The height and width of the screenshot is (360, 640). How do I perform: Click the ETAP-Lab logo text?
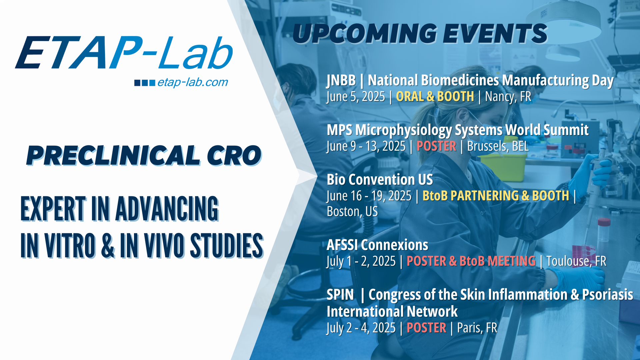pyautogui.click(x=124, y=53)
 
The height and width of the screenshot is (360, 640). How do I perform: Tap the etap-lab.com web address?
pyautogui.click(x=193, y=82)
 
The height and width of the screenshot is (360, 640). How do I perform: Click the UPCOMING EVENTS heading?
pyautogui.click(x=420, y=34)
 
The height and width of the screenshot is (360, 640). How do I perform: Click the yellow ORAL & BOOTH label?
pyautogui.click(x=435, y=96)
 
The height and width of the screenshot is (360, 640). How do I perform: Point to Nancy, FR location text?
pyautogui.click(x=508, y=97)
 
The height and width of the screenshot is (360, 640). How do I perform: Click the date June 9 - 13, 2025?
pyautogui.click(x=366, y=146)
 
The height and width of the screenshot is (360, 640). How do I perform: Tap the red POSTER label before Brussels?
pyautogui.click(x=436, y=146)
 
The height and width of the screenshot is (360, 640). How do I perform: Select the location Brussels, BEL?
pyautogui.click(x=498, y=146)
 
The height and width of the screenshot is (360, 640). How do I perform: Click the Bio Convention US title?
pyautogui.click(x=380, y=180)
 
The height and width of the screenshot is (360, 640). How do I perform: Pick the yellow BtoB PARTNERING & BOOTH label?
pyautogui.click(x=496, y=196)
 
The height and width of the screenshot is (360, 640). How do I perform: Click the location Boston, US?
pyautogui.click(x=352, y=212)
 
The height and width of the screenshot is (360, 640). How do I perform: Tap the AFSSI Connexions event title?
pyautogui.click(x=377, y=245)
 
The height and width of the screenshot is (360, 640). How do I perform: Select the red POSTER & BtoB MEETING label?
pyautogui.click(x=471, y=261)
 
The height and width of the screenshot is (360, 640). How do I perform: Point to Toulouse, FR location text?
pyautogui.click(x=576, y=261)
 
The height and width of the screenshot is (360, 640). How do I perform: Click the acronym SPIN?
pyautogui.click(x=340, y=295)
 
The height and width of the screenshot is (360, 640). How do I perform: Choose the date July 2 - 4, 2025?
pyautogui.click(x=361, y=328)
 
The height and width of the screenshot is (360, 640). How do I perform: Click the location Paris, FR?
pyautogui.click(x=477, y=328)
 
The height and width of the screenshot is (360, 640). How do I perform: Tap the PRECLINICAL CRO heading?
pyautogui.click(x=144, y=156)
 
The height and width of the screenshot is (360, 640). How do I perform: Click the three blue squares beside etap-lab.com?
pyautogui.click(x=145, y=83)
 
